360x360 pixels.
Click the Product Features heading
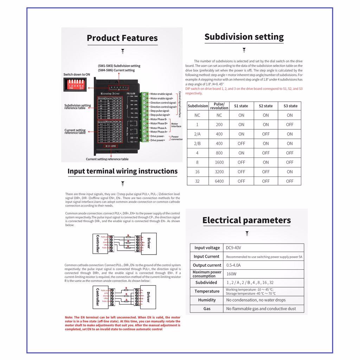point(122,38)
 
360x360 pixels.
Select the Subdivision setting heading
point(244,37)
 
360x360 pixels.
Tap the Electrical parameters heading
point(246,220)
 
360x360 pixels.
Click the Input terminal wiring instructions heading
point(122,171)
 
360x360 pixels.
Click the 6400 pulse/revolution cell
point(219,181)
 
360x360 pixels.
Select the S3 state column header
point(289,106)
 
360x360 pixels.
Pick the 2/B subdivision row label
point(198,143)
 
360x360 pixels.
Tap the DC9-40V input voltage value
point(234,248)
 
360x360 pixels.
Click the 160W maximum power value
point(231,274)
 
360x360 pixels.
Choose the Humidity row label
point(207,300)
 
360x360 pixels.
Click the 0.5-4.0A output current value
point(234,265)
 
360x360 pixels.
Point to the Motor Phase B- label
point(159,120)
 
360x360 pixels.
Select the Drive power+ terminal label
point(157,140)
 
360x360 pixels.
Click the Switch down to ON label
point(77,75)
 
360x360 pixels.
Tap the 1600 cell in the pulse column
point(219,162)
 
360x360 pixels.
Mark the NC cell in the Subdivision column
point(198,115)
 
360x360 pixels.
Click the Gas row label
point(207,309)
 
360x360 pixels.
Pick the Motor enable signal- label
point(161,94)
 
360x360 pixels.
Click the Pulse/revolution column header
point(219,106)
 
